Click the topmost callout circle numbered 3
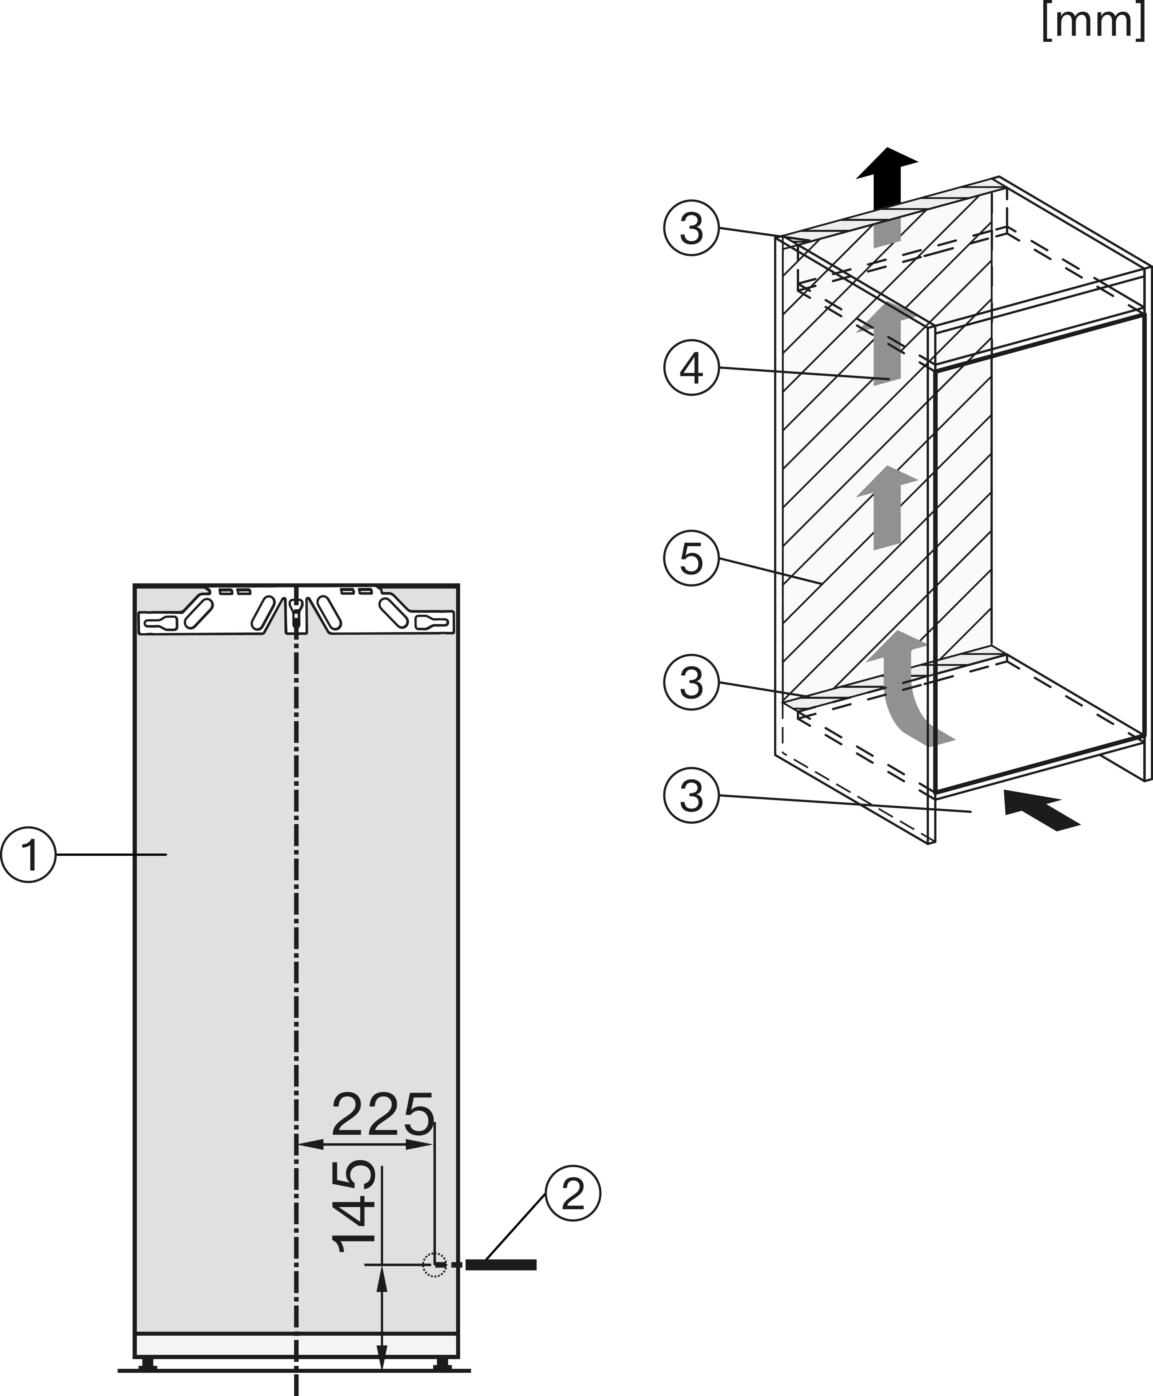click(x=691, y=228)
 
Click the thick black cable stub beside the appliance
click(x=501, y=1265)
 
